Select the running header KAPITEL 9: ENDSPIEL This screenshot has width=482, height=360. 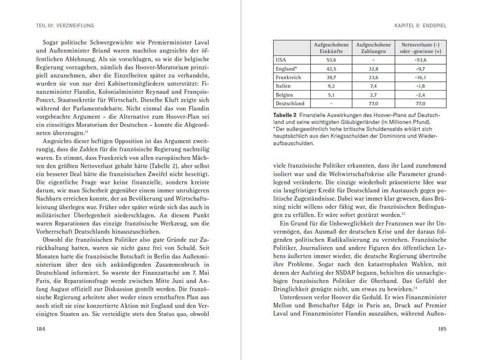click(420, 25)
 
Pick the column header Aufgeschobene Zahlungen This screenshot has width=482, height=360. click(373, 48)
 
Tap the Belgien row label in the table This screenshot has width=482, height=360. click(285, 95)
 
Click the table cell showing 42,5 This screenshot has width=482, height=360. click(331, 69)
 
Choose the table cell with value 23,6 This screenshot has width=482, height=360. click(373, 77)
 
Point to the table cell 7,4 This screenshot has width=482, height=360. click(373, 86)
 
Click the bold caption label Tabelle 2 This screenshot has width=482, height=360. click(286, 115)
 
